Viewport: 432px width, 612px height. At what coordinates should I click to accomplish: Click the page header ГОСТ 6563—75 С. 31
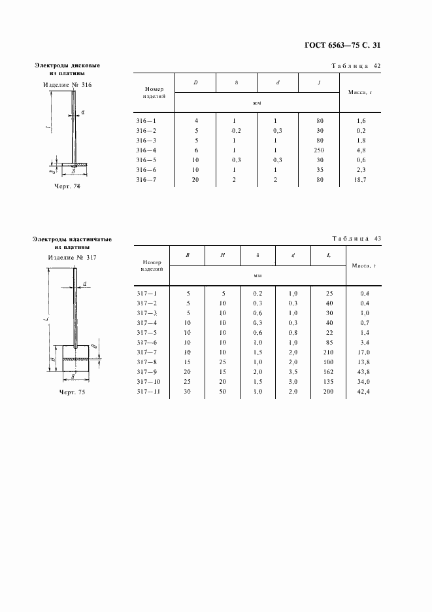[x=342, y=45]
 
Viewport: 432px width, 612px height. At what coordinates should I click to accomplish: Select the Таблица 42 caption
[x=356, y=66]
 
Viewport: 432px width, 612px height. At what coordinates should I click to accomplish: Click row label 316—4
[x=146, y=149]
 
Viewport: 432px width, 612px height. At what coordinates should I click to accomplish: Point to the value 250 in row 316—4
[x=319, y=149]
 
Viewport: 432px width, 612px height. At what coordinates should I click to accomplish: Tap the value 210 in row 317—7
[x=328, y=351]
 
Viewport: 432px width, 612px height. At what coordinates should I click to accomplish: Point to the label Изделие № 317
[x=72, y=257]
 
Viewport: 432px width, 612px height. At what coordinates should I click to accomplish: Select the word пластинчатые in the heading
[x=88, y=239]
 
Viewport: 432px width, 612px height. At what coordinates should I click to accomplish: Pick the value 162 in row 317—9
[x=328, y=371]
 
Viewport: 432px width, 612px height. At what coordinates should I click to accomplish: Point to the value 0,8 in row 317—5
[x=293, y=331]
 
